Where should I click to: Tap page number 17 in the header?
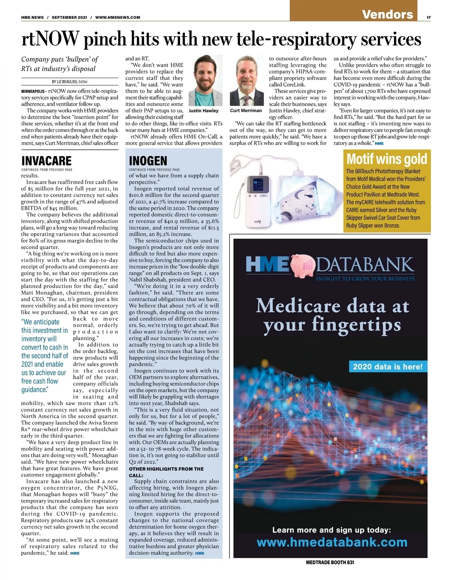click(429, 17)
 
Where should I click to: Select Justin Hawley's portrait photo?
click(203, 81)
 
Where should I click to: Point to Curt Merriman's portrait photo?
click(246, 81)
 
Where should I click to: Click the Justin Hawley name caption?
click(203, 111)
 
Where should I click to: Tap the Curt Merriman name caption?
click(246, 110)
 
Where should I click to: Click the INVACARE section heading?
click(46, 161)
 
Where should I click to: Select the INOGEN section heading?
click(148, 161)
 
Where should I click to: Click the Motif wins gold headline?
click(386, 159)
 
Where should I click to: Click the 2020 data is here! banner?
click(388, 366)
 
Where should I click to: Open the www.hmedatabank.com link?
click(332, 542)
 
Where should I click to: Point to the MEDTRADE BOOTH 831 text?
click(330, 562)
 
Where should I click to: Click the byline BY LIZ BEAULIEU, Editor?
click(70, 81)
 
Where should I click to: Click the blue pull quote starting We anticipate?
click(45, 356)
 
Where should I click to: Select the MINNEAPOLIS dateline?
click(34, 91)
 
